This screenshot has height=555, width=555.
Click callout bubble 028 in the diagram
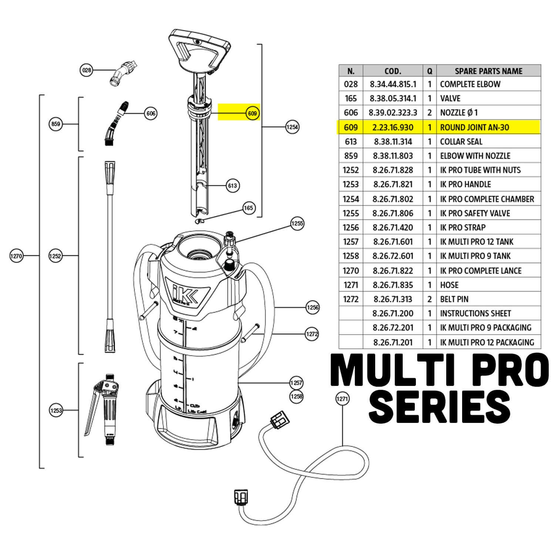coord(86,70)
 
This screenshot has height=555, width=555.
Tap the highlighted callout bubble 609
coord(252,113)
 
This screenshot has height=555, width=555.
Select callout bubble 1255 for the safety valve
coord(297,223)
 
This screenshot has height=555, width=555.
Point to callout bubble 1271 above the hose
coord(342,398)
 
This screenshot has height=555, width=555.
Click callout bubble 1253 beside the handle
coord(56,410)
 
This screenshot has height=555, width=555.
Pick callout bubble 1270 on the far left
coord(17,256)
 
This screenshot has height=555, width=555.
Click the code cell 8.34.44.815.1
coord(393,84)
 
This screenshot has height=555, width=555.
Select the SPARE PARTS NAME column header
coord(488,71)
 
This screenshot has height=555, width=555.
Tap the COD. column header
coord(393,71)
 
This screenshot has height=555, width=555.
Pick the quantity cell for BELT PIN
coord(430,299)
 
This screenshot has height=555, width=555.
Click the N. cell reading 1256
coord(351,228)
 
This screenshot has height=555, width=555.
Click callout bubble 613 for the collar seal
coord(232,185)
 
